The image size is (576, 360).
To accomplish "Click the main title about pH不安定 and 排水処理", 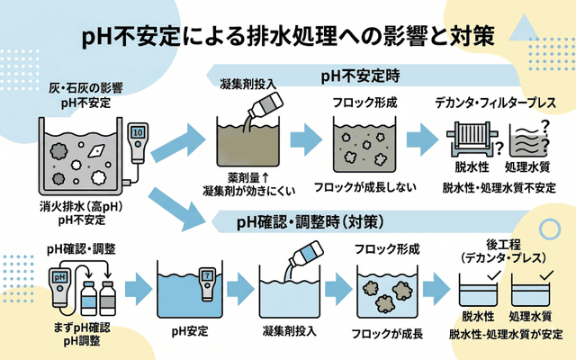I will coord(288,36).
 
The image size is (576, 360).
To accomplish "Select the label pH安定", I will coord(193,330).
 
